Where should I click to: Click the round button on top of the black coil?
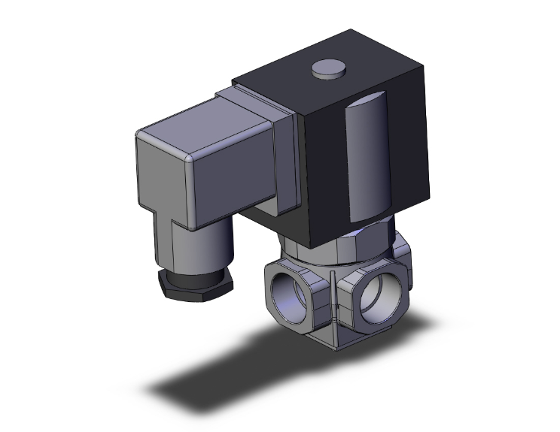coord(324,69)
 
